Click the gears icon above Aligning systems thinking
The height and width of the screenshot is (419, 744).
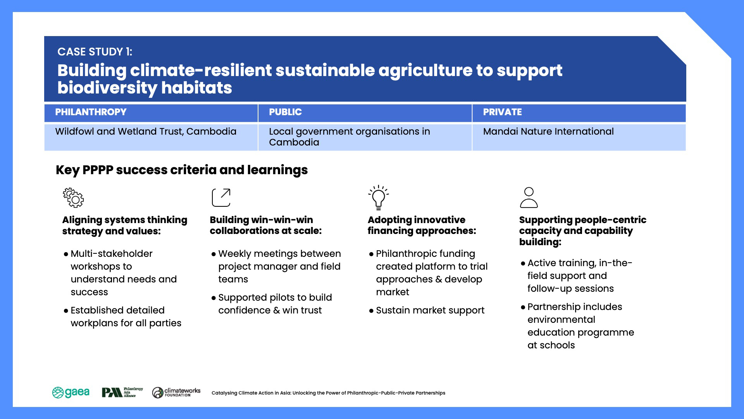tap(73, 197)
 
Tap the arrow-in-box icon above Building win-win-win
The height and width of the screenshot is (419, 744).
tap(221, 197)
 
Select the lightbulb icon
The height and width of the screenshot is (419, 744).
tap(378, 197)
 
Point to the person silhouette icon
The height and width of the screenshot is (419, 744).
tap(529, 197)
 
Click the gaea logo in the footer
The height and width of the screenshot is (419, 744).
tap(71, 393)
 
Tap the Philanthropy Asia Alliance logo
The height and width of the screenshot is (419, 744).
tap(122, 393)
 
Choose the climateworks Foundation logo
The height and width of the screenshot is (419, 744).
tap(176, 393)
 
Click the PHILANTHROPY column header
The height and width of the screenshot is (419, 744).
tap(91, 112)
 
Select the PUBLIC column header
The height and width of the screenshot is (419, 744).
tap(285, 112)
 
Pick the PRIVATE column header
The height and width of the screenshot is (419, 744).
tap(502, 112)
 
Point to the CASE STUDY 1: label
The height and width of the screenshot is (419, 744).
tap(95, 52)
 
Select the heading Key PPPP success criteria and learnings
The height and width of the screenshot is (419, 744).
tap(182, 170)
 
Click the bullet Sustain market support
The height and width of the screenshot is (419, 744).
tap(427, 310)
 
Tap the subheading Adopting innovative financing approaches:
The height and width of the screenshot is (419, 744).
tap(422, 225)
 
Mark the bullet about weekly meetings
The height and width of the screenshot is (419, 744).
tap(276, 267)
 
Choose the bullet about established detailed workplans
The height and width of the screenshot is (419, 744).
tap(122, 317)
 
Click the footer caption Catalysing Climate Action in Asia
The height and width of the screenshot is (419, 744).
tap(328, 393)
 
